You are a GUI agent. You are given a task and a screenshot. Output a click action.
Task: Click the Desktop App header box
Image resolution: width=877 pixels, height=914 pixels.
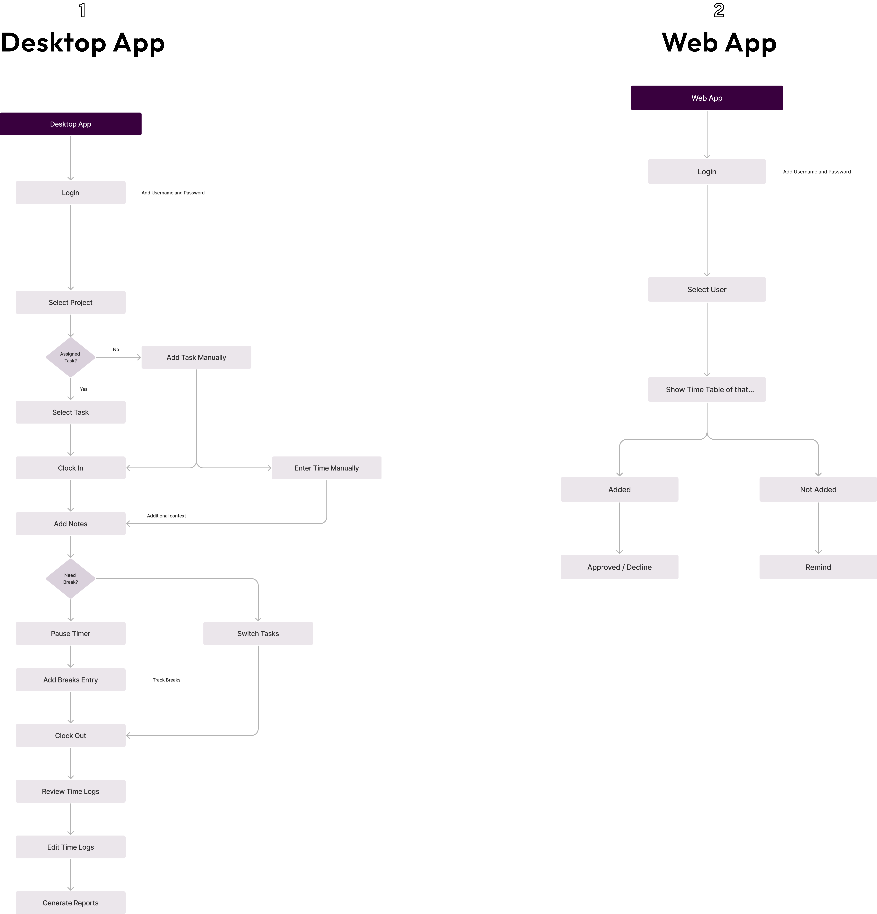coord(70,124)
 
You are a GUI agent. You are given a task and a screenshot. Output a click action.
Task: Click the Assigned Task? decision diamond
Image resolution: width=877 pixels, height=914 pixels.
coord(70,357)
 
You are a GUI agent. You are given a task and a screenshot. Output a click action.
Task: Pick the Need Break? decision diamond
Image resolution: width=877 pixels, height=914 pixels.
coord(70,579)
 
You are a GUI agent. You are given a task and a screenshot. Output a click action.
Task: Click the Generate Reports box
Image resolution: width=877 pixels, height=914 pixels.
coord(70,903)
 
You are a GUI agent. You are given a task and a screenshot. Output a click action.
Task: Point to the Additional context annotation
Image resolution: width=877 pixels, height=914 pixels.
coord(166,516)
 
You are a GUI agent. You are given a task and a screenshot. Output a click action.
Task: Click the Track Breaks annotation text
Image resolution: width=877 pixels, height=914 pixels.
coord(166,680)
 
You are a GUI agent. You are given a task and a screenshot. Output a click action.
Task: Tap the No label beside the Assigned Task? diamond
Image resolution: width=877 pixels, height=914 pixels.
coord(116,349)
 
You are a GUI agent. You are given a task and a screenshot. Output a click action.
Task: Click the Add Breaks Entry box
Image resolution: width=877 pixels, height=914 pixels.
coord(70,680)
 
